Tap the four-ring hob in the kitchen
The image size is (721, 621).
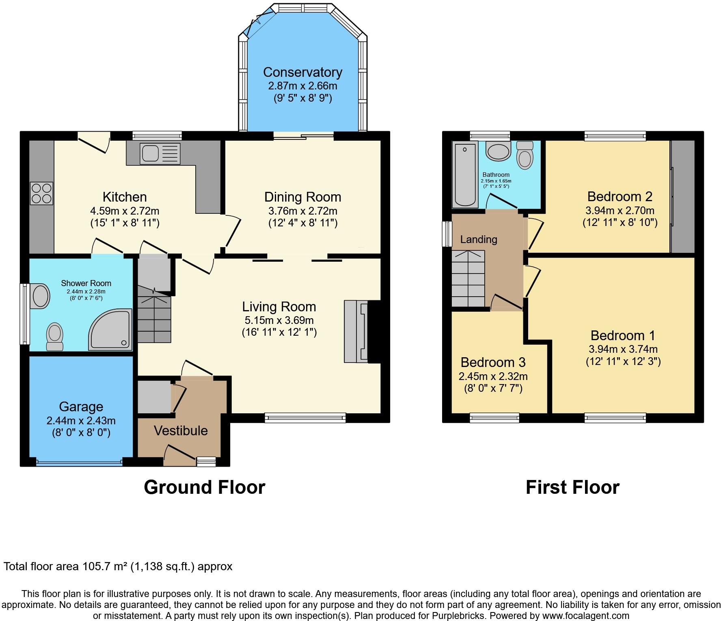pos(41,193)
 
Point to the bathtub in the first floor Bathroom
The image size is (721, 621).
pos(465,175)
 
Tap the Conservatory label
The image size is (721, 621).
pos(302,72)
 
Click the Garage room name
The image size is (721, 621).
pos(81,406)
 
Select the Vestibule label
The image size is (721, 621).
pos(181,430)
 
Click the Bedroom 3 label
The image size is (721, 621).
pos(493,362)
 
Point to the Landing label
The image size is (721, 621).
pos(479,239)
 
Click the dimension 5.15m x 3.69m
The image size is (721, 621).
pos(278,320)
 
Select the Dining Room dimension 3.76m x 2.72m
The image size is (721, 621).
pos(302,211)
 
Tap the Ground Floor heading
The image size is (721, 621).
pos(204,487)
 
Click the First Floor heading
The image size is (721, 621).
pos(572,487)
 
